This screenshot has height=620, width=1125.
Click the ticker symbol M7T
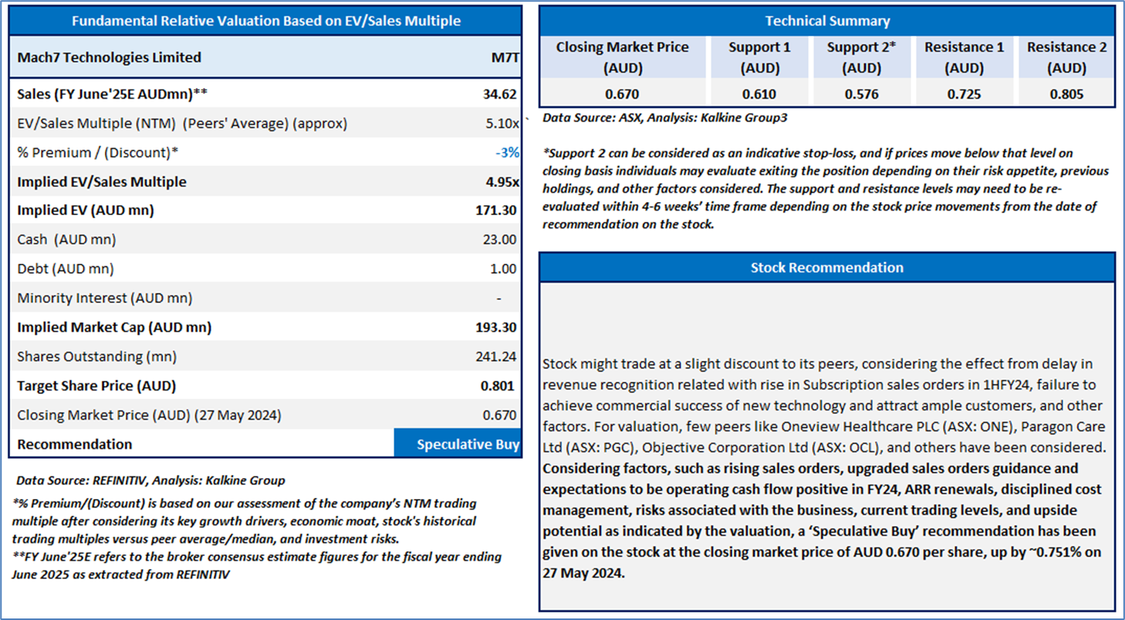click(505, 58)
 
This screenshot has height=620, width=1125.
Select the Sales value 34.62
click(500, 94)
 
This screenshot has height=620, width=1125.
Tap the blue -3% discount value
click(507, 153)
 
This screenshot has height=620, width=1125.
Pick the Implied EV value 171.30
click(495, 211)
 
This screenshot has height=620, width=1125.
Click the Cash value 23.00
click(500, 240)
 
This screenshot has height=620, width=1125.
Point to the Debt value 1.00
click(503, 269)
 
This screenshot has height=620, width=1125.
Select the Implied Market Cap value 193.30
click(495, 327)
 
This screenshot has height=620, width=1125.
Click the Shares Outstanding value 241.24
click(495, 356)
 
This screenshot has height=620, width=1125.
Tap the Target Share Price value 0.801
click(497, 386)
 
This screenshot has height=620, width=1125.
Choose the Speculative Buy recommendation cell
click(458, 443)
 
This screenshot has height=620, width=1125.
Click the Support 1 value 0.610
click(758, 94)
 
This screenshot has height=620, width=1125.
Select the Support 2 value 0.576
click(861, 94)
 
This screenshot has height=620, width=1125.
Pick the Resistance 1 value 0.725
click(964, 94)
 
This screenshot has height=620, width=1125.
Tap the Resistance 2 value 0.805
click(1066, 94)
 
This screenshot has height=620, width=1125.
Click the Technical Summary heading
click(827, 21)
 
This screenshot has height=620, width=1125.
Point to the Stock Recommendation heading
click(826, 268)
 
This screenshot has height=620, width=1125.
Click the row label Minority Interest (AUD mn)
click(104, 298)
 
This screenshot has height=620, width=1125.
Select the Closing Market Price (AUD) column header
click(622, 57)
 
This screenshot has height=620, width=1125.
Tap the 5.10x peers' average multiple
click(502, 123)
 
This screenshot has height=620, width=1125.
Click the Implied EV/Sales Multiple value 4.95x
click(502, 182)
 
